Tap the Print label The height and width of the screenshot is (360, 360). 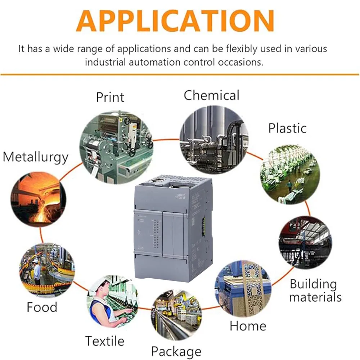click(x=110, y=97)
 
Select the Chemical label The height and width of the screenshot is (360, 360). click(x=211, y=95)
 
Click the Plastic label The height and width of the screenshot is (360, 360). click(x=287, y=129)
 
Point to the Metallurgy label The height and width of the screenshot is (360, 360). click(x=36, y=158)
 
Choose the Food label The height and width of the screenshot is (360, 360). click(x=42, y=307)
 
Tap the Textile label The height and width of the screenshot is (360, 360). click(x=104, y=341)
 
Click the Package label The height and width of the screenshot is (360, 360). click(x=176, y=351)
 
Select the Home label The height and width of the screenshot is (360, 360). click(x=248, y=326)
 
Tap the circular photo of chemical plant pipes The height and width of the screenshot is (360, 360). click(x=214, y=136)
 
